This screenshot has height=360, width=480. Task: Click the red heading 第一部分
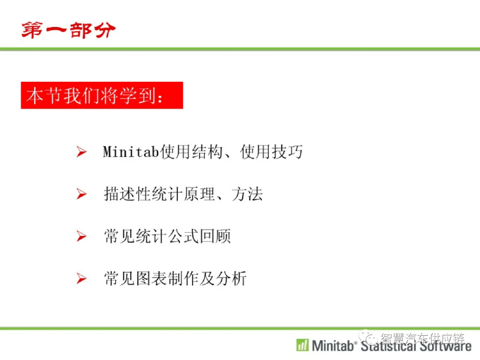(x=68, y=30)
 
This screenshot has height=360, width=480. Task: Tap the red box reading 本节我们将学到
(x=102, y=95)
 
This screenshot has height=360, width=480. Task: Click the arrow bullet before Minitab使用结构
(x=81, y=152)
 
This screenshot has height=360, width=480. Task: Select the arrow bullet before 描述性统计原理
(x=81, y=194)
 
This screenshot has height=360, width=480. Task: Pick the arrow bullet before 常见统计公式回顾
(x=81, y=236)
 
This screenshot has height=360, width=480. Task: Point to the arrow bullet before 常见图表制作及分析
(x=81, y=278)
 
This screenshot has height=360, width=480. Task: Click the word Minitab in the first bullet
(x=131, y=152)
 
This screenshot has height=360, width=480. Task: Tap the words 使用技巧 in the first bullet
(x=271, y=152)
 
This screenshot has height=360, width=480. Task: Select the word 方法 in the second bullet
(x=247, y=194)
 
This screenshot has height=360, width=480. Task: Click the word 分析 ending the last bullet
(x=231, y=279)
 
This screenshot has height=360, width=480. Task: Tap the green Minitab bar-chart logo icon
(x=303, y=345)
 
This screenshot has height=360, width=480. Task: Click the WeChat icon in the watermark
(x=368, y=337)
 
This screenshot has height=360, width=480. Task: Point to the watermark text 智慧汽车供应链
(x=423, y=338)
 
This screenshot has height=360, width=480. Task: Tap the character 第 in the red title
(x=32, y=30)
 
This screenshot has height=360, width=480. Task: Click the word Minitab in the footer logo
(x=333, y=346)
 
